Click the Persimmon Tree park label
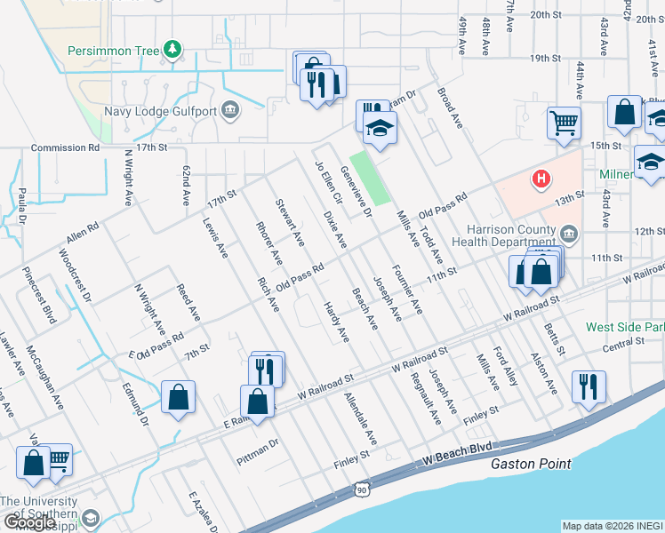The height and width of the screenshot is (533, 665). (114, 51)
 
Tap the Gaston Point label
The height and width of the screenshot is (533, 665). (531, 464)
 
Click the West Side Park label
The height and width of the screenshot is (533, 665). (625, 327)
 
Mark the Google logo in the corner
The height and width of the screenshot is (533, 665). (29, 523)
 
